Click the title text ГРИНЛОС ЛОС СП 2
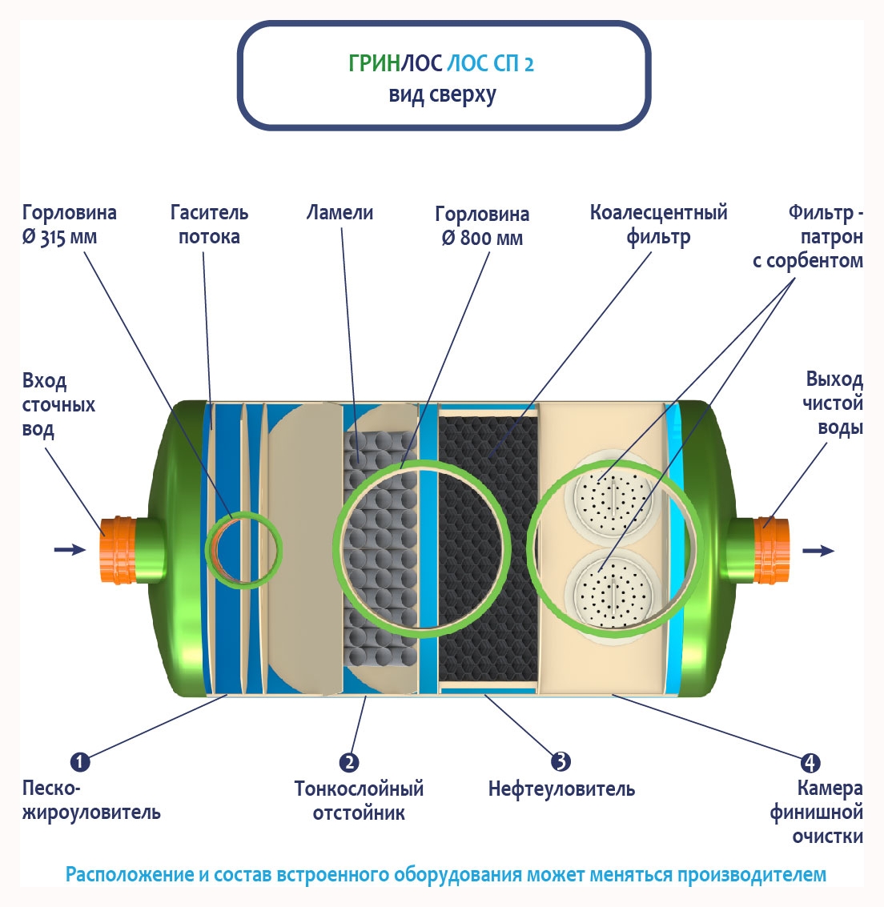[x=441, y=63]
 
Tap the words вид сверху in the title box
[x=442, y=95]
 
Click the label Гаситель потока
[x=209, y=224]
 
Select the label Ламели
[x=340, y=213]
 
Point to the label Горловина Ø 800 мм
[x=482, y=226]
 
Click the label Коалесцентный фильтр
[x=658, y=224]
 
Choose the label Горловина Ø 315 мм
[x=69, y=225]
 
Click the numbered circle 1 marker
[x=80, y=761]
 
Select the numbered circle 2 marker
[x=348, y=762]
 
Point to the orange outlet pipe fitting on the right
[x=771, y=551]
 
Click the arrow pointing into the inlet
[x=70, y=549]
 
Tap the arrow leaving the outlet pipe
[x=818, y=551]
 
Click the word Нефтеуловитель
[x=561, y=789]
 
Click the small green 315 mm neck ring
[x=244, y=550]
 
